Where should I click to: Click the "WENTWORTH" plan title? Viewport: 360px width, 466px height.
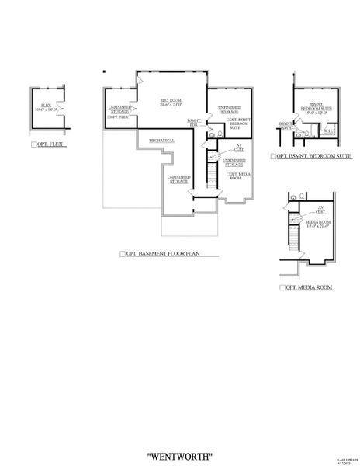(180, 434)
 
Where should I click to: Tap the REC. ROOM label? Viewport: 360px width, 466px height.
(170, 103)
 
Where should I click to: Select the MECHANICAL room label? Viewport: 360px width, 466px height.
(161, 141)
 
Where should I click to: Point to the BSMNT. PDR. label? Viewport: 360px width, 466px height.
(195, 122)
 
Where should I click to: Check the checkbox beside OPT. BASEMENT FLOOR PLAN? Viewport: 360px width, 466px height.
(122, 254)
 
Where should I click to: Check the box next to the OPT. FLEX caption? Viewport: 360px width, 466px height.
(33, 145)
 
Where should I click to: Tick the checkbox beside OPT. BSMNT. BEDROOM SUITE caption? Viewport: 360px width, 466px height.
(274, 156)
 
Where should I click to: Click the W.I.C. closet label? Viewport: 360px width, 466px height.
(328, 130)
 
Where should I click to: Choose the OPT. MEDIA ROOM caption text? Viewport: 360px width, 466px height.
(310, 287)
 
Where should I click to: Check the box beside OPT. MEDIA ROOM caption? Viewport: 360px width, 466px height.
(282, 287)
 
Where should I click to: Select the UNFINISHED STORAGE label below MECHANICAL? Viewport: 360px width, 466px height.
(178, 179)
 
